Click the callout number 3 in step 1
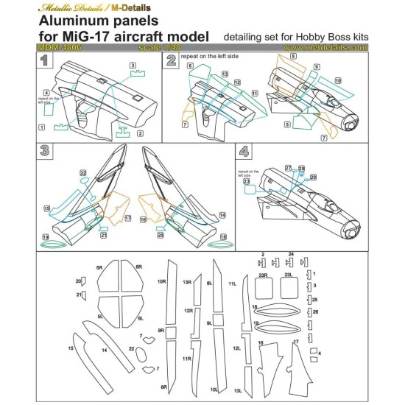click(x=133, y=66)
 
